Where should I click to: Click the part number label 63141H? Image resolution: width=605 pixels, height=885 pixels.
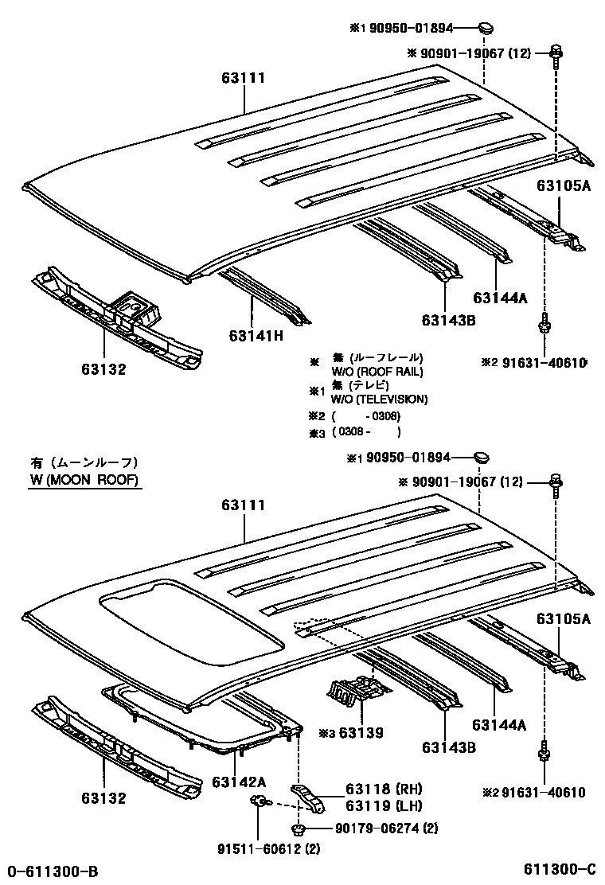(256, 336)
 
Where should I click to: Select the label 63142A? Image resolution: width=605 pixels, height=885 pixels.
(238, 782)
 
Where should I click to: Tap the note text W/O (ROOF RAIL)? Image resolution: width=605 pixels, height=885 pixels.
(377, 372)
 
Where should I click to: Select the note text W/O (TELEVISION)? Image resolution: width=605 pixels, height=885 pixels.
(379, 400)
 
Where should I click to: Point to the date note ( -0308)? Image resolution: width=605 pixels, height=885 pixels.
(365, 415)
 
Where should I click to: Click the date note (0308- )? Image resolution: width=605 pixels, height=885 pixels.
(365, 431)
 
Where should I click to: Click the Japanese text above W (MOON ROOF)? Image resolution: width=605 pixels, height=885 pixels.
(84, 462)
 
